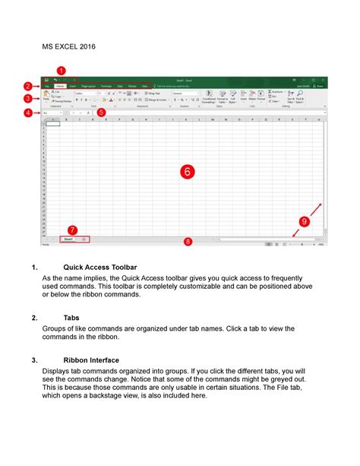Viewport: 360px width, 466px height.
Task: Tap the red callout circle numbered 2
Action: [x=27, y=86]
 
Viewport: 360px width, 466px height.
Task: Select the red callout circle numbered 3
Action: [x=27, y=98]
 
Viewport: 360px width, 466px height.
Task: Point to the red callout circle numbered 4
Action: [x=27, y=113]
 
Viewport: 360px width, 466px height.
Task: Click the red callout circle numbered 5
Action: [x=101, y=113]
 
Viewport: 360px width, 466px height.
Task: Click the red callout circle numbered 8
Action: [x=188, y=242]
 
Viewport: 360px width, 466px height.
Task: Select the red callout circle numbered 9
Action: [x=304, y=221]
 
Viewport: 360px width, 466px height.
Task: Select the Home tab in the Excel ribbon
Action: [x=59, y=87]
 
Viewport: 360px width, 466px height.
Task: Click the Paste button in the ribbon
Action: [x=46, y=98]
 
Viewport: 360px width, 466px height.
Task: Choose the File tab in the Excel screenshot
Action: [x=46, y=87]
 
